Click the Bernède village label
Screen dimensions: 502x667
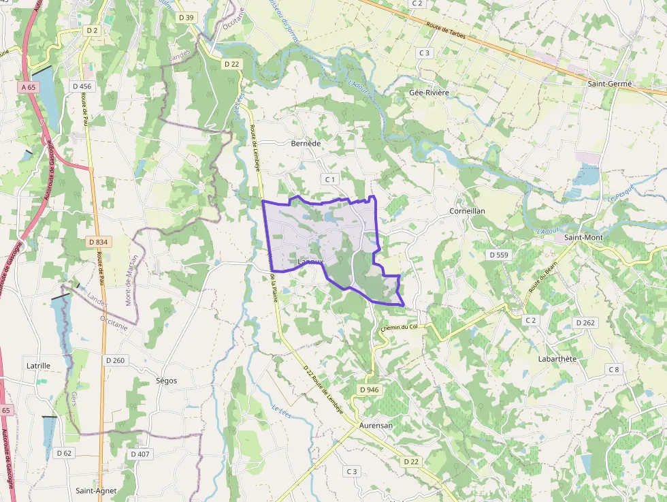(x=306, y=144)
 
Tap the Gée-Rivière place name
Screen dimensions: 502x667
(x=429, y=92)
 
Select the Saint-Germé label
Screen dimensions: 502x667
(x=610, y=84)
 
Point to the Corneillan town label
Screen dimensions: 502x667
(x=467, y=211)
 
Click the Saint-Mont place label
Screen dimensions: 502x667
(x=583, y=238)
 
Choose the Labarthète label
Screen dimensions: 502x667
(x=557, y=359)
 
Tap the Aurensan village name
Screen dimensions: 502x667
(x=376, y=425)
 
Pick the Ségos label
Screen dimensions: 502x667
(x=166, y=381)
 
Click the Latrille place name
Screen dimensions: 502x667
(x=38, y=366)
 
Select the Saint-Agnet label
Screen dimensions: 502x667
(x=96, y=490)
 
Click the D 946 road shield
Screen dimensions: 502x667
(x=368, y=390)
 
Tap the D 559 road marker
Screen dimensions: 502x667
(x=499, y=254)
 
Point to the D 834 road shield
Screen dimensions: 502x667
(x=99, y=242)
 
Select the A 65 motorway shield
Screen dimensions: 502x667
(x=28, y=87)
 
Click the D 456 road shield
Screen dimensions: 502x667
(x=81, y=86)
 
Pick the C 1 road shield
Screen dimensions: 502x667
(x=330, y=179)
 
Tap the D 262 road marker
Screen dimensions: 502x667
(x=585, y=323)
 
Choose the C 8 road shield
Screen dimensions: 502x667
(x=614, y=369)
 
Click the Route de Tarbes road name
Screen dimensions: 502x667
(x=446, y=32)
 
